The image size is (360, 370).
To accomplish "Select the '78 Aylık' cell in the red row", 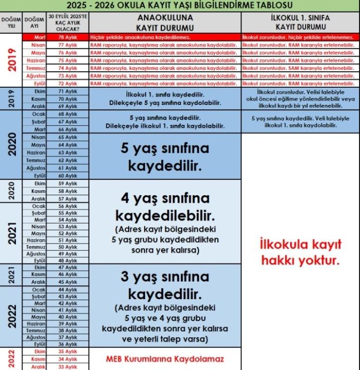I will (67, 37).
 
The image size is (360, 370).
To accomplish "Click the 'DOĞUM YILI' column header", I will (11, 23).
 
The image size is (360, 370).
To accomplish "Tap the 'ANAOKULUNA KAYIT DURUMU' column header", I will (165, 23).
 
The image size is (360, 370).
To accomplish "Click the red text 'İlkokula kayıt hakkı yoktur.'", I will (300, 252).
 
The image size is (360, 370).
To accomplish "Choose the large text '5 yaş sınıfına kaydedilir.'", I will (165, 157).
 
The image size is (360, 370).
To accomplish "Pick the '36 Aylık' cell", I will (67, 344).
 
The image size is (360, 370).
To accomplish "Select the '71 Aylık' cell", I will (67, 90).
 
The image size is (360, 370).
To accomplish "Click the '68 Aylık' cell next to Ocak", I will (67, 114).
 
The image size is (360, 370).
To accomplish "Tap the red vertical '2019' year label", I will (11, 60).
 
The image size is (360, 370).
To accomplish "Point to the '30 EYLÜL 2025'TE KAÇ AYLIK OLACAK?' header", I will (67, 23).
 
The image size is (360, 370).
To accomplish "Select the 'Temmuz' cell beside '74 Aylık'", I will (35, 69).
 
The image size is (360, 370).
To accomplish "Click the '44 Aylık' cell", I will (67, 290).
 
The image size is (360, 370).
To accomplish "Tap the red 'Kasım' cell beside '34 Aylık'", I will (35, 359).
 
